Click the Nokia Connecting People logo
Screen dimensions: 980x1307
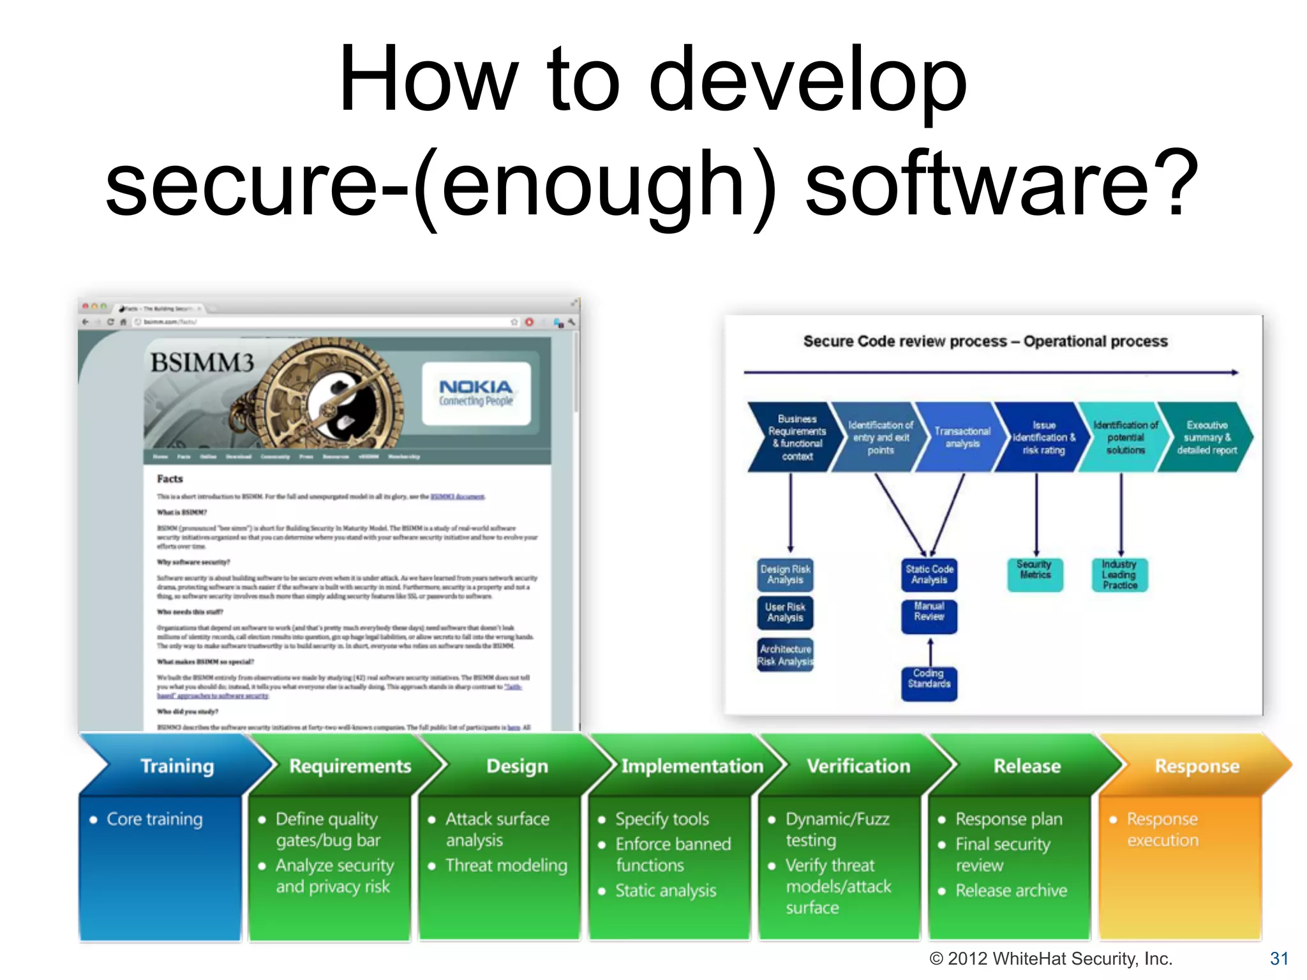tap(475, 393)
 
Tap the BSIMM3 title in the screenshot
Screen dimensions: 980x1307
tap(202, 362)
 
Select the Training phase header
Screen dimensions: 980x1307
tap(177, 766)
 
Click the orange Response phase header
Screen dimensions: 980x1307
tap(1197, 766)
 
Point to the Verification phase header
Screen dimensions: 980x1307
tap(858, 766)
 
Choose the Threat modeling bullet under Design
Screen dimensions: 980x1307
tap(506, 865)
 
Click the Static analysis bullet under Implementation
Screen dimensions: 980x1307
tap(666, 890)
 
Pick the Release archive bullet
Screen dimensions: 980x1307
tap(1011, 890)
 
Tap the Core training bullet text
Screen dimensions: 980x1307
tap(154, 819)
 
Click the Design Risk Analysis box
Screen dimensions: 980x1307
tap(785, 574)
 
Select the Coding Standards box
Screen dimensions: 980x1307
tap(929, 679)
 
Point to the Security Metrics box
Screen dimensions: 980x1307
tap(1034, 570)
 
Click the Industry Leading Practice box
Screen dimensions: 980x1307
tap(1119, 574)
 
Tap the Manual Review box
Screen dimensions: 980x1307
tap(929, 612)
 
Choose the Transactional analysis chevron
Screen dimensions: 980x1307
tap(962, 438)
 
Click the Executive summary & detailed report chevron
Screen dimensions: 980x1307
tap(1207, 438)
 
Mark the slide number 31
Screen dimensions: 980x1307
tap(1279, 958)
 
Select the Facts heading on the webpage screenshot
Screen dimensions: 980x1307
tap(170, 479)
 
